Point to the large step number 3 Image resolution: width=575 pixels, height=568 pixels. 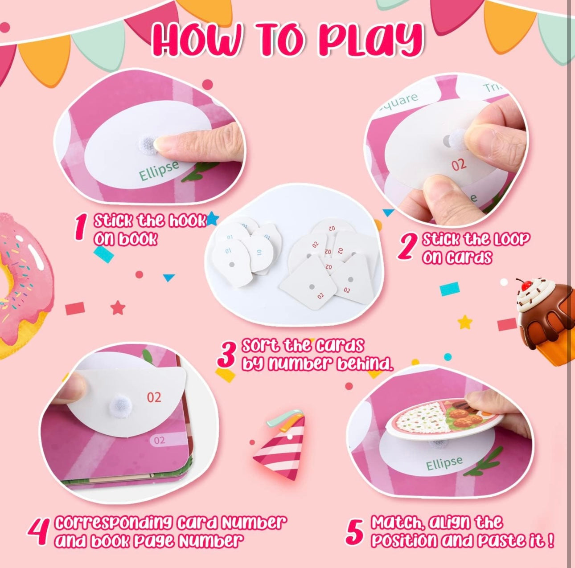click(227, 355)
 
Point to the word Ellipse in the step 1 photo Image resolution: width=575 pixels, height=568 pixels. click(159, 171)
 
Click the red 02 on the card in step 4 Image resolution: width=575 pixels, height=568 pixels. click(154, 397)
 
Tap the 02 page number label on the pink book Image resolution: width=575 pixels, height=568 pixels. click(159, 440)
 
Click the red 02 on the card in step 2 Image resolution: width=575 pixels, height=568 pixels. click(458, 164)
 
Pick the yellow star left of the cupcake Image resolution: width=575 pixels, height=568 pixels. click(464, 322)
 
